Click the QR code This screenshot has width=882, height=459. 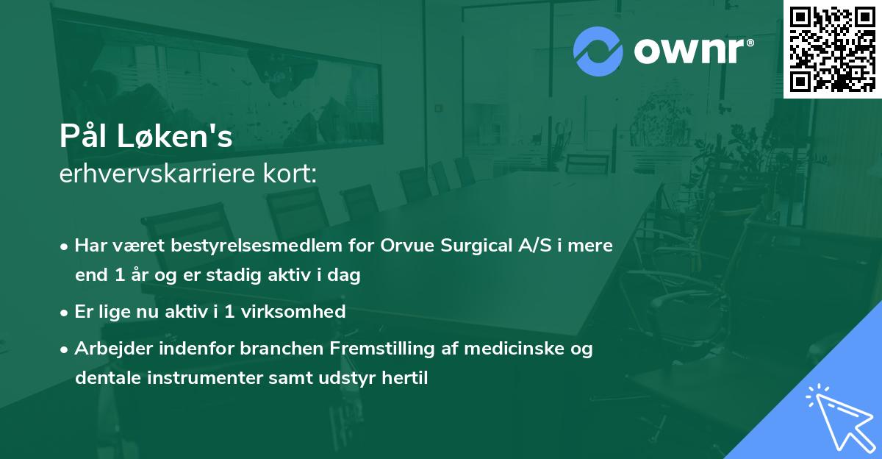(x=832, y=49)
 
